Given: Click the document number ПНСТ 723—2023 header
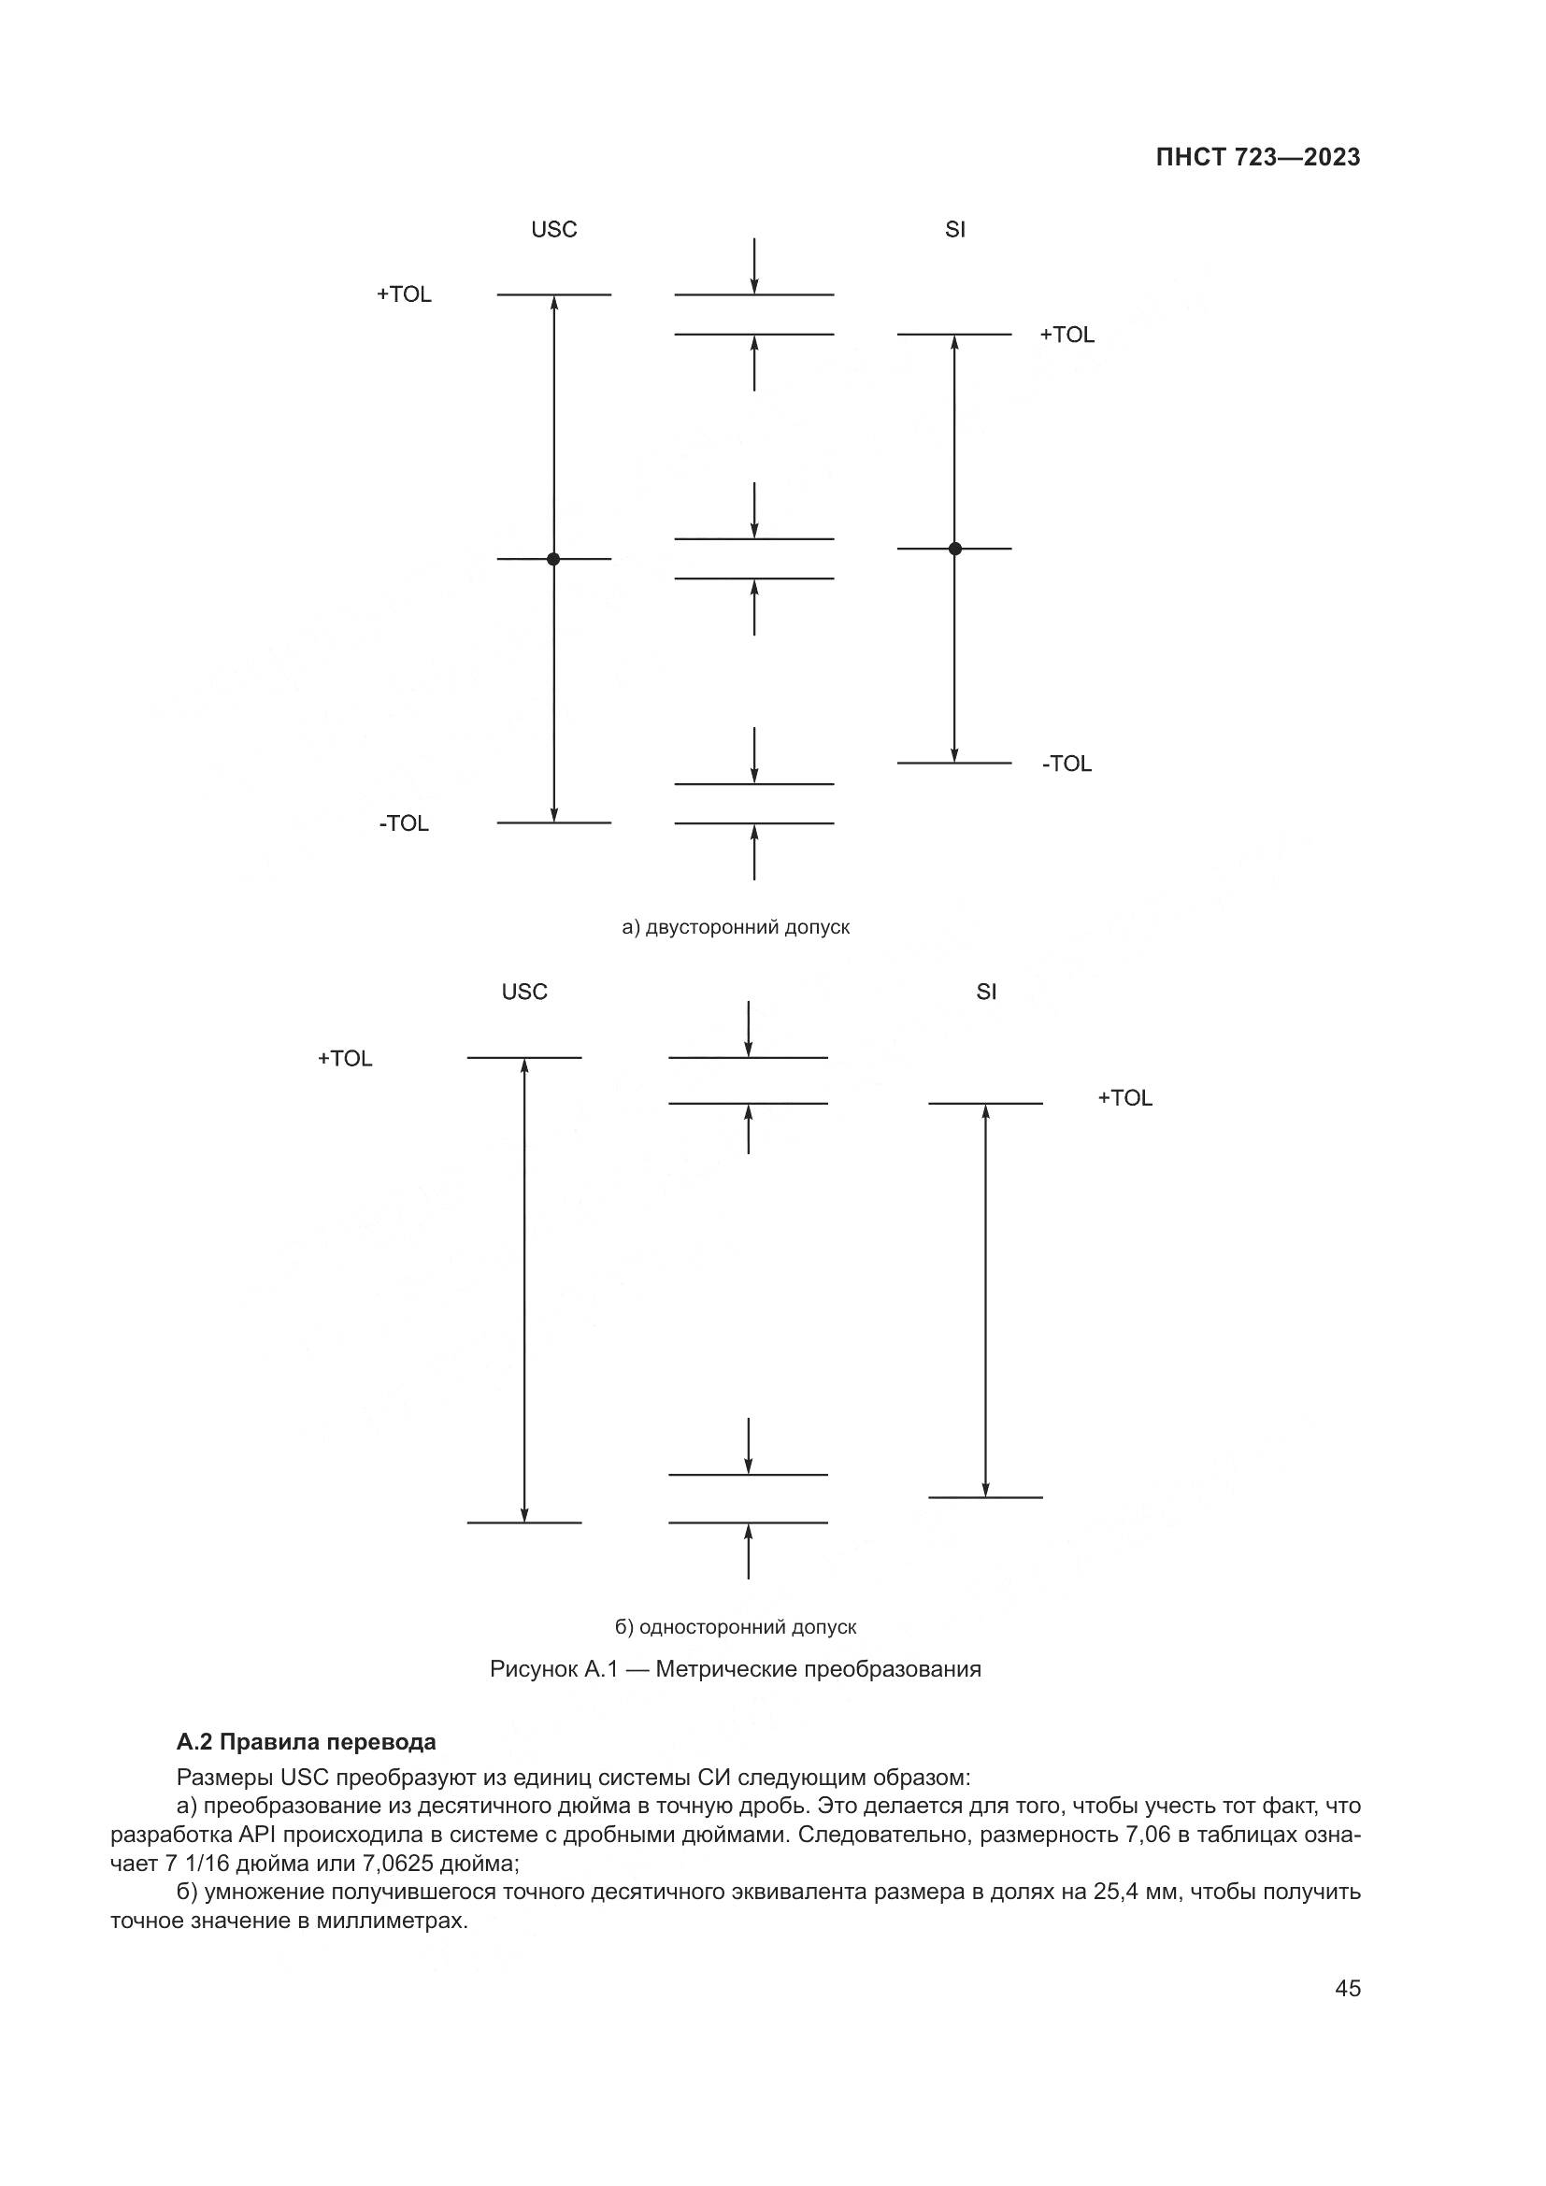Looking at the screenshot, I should point(1257,158).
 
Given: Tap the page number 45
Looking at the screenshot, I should point(1347,1989).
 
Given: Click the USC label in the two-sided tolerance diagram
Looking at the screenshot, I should point(554,230).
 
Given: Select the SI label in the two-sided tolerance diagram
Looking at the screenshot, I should point(955,230).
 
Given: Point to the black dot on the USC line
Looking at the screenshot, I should point(553,559).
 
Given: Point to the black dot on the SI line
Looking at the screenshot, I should point(955,549).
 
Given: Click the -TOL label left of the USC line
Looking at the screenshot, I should point(405,823).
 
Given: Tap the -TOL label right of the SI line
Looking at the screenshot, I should point(1067,764).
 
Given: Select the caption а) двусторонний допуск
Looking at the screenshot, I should point(735,927).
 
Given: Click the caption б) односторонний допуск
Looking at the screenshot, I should point(735,1627).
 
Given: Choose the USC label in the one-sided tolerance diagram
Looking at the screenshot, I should point(524,993).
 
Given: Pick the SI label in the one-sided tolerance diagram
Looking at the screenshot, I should point(986,993).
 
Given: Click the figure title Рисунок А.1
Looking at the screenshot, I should point(735,1669).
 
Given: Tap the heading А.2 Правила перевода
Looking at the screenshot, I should point(307,1742).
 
